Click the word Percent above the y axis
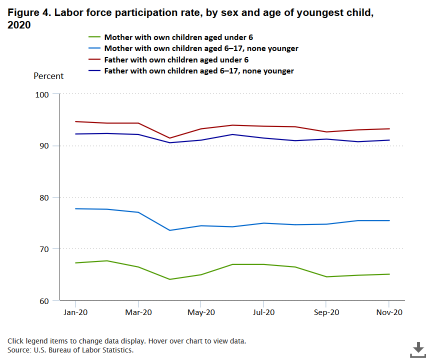coord(48,76)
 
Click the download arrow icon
coord(418,349)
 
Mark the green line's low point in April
coord(169,279)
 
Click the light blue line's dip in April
coord(169,230)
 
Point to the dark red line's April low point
coord(169,138)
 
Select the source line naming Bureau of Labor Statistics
coord(70,350)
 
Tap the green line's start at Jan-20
coord(75,262)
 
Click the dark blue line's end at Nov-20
coord(388,140)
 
